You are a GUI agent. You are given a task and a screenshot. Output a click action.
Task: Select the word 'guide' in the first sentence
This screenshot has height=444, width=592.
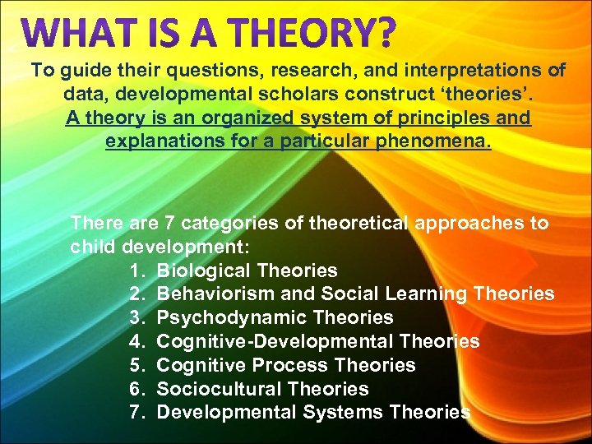pyautogui.click(x=82, y=71)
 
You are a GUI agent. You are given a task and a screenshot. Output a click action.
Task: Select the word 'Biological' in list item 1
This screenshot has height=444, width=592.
pyautogui.click(x=203, y=271)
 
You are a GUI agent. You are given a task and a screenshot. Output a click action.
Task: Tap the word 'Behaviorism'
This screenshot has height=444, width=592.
pyautogui.click(x=211, y=294)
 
